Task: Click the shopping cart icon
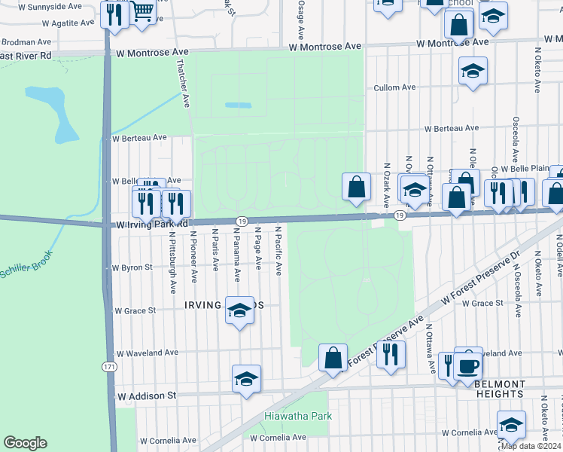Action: [x=142, y=11]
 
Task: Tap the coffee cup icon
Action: [x=468, y=367]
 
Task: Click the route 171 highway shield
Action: [x=110, y=365]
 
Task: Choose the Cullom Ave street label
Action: [x=394, y=87]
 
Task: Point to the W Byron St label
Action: [x=132, y=267]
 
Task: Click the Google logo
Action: [x=25, y=442]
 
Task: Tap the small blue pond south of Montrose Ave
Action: [x=239, y=105]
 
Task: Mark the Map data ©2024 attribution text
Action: [x=531, y=446]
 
